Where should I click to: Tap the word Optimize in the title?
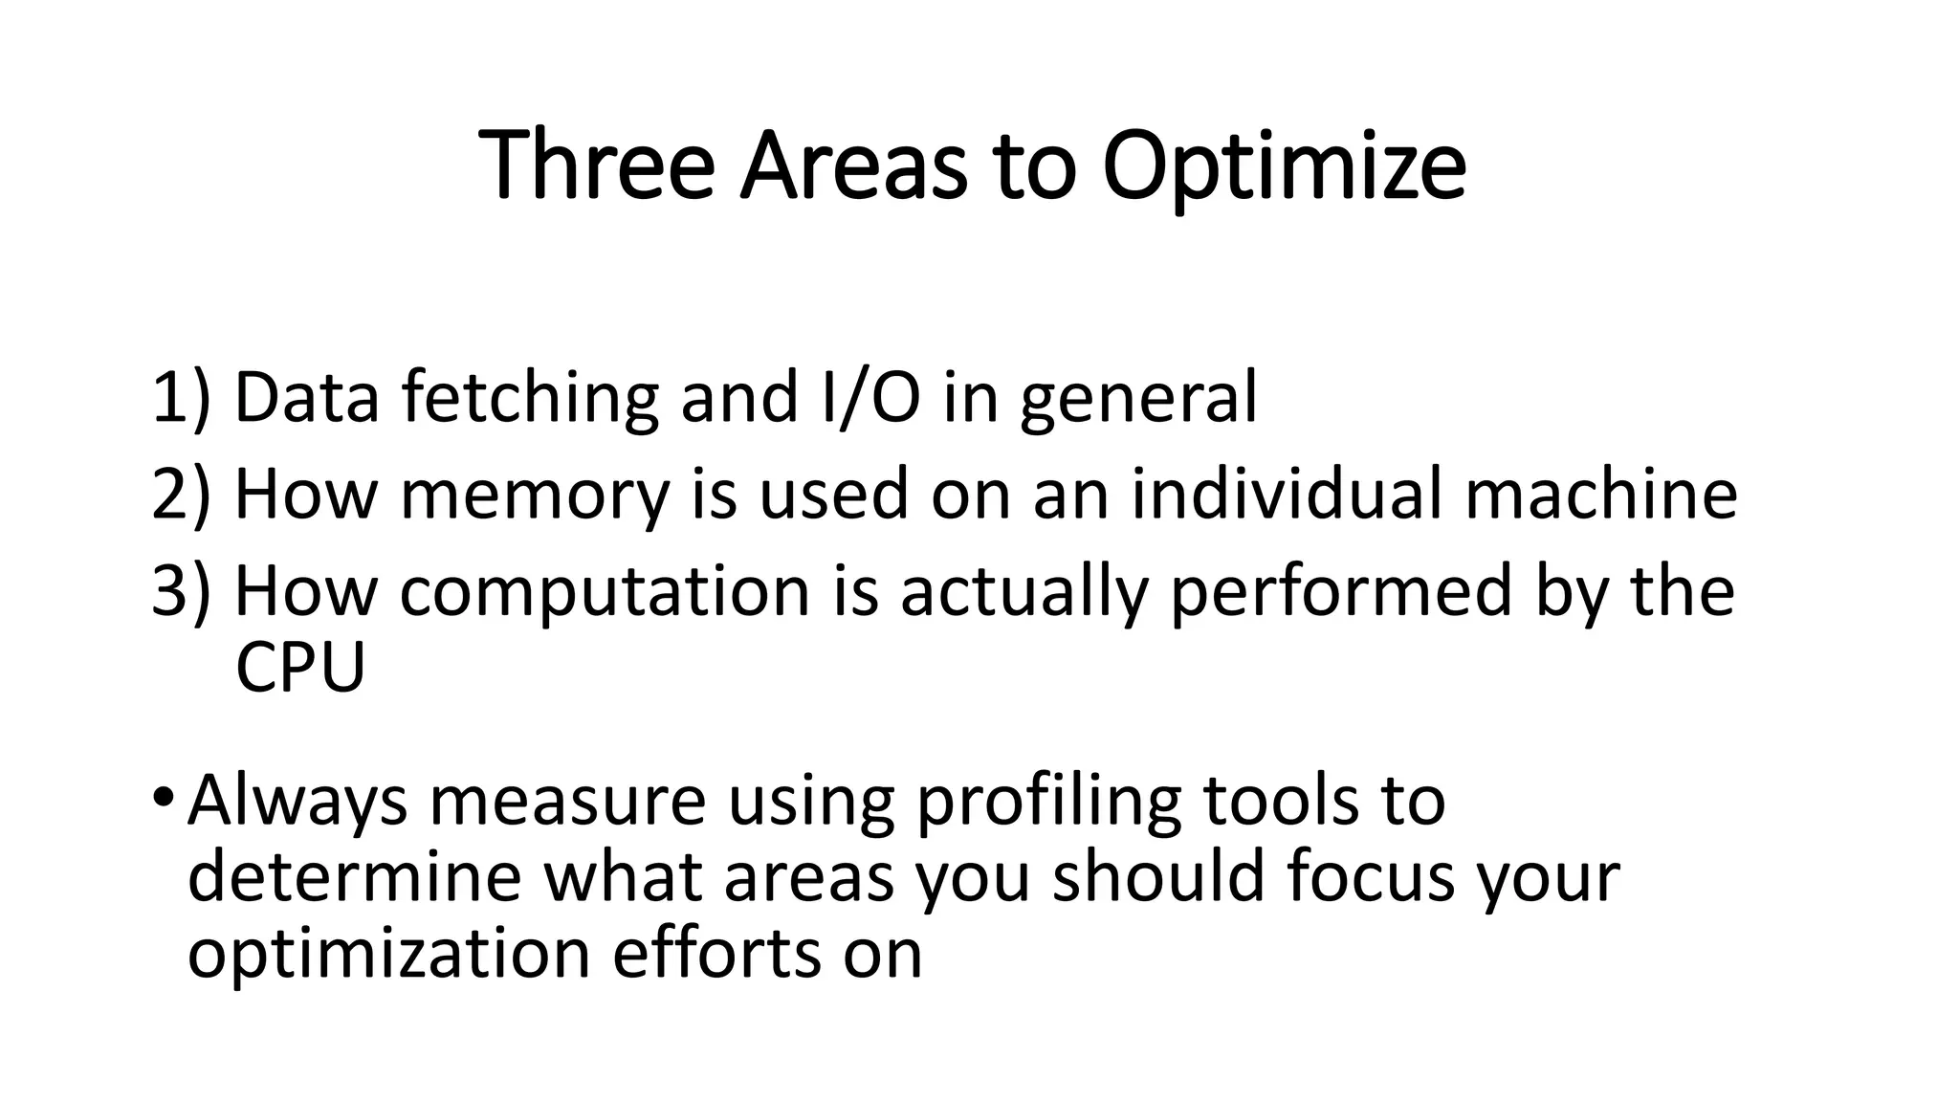pos(1284,167)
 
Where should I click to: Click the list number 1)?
pos(180,397)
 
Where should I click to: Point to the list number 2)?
pos(180,495)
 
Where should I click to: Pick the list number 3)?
pos(180,591)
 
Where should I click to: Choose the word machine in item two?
pos(1600,495)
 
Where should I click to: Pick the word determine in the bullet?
pos(354,877)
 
